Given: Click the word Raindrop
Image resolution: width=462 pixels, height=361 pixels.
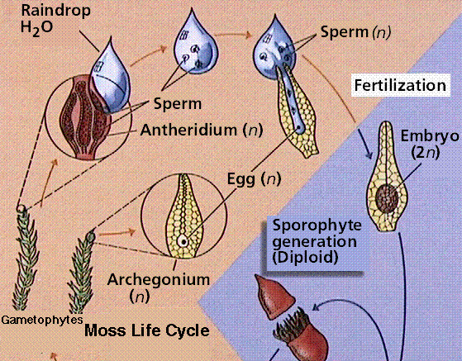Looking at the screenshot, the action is pyautogui.click(x=55, y=12).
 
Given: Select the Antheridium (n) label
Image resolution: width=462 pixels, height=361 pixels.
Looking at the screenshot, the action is pyautogui.click(x=201, y=130).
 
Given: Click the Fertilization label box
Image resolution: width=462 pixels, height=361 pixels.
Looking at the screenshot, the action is pyautogui.click(x=401, y=85).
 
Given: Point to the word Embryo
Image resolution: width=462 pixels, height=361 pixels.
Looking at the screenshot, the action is pyautogui.click(x=430, y=136).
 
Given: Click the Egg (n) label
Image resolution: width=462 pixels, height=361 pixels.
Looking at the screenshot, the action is pyautogui.click(x=254, y=179).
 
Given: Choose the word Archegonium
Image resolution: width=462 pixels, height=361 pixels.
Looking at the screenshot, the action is pyautogui.click(x=159, y=279).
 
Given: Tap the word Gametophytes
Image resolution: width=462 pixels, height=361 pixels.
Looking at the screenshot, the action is pyautogui.click(x=42, y=320).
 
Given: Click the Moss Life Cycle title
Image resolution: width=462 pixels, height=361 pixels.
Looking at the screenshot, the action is pyautogui.click(x=147, y=330).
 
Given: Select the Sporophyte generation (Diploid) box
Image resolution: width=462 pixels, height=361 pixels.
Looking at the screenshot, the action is pyautogui.click(x=315, y=242).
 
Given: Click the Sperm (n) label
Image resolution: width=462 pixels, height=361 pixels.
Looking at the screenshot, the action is pyautogui.click(x=355, y=32).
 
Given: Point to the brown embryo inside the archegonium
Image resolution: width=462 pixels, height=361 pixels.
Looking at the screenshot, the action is pyautogui.click(x=387, y=198).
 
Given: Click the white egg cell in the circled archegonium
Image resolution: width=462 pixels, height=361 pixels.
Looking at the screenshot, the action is pyautogui.click(x=183, y=241).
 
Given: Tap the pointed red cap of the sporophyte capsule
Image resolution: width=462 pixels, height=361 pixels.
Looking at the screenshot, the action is pyautogui.click(x=274, y=297).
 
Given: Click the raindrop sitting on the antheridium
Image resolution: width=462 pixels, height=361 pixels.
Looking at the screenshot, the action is pyautogui.click(x=110, y=77).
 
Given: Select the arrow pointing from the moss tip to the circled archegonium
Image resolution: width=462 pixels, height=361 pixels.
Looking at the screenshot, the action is pyautogui.click(x=116, y=233).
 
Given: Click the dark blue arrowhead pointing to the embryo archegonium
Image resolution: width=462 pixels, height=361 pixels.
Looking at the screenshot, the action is pyautogui.click(x=369, y=154).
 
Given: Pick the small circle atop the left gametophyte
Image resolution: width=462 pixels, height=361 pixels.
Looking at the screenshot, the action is pyautogui.click(x=21, y=209).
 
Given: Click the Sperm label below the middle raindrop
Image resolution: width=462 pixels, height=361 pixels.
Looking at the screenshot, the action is pyautogui.click(x=178, y=103).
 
